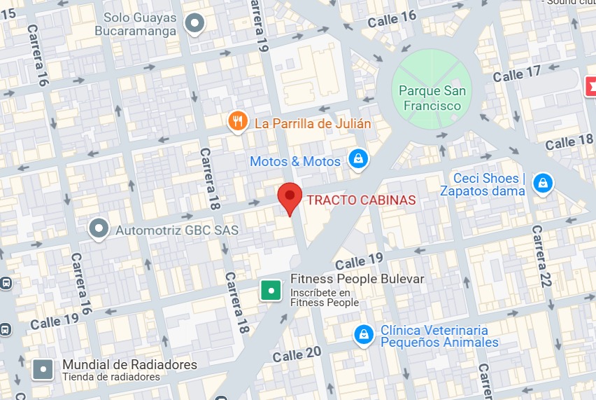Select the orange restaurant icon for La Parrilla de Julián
(238, 123)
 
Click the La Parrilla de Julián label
(313, 124)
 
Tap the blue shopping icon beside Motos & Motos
(358, 160)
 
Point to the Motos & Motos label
(295, 162)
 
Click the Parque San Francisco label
(431, 98)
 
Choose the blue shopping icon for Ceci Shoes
(542, 184)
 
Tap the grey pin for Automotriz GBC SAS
(99, 228)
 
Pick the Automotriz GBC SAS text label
(177, 230)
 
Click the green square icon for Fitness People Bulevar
(271, 290)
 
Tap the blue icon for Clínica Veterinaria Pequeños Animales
(363, 336)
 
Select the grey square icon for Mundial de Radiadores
(44, 369)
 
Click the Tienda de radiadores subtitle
(111, 377)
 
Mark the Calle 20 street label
(297, 353)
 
